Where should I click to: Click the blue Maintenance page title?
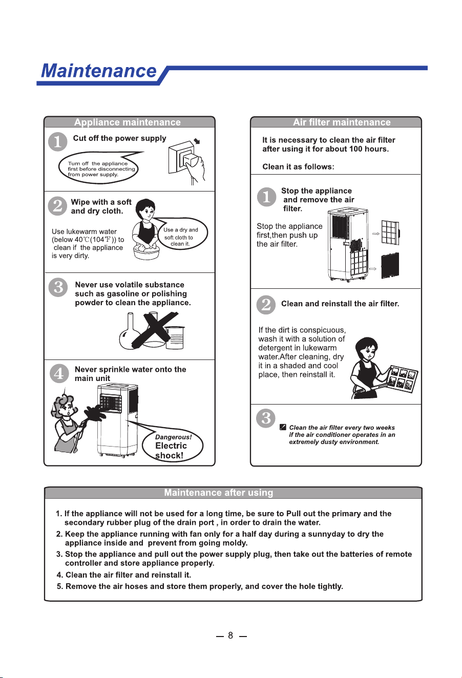pos(99,71)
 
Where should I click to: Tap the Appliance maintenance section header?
pos(128,122)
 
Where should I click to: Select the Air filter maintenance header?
pos(342,122)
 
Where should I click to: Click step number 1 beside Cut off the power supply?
pos(57,142)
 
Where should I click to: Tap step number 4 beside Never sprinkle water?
pos(59,373)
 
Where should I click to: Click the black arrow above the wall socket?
pos(197,141)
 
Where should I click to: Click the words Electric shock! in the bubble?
pos(171,451)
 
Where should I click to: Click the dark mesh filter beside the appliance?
pos(390,266)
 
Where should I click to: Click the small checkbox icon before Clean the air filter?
pos(283,427)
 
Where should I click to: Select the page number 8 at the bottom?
pos(230,635)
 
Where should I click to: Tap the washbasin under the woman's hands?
pos(146,252)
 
